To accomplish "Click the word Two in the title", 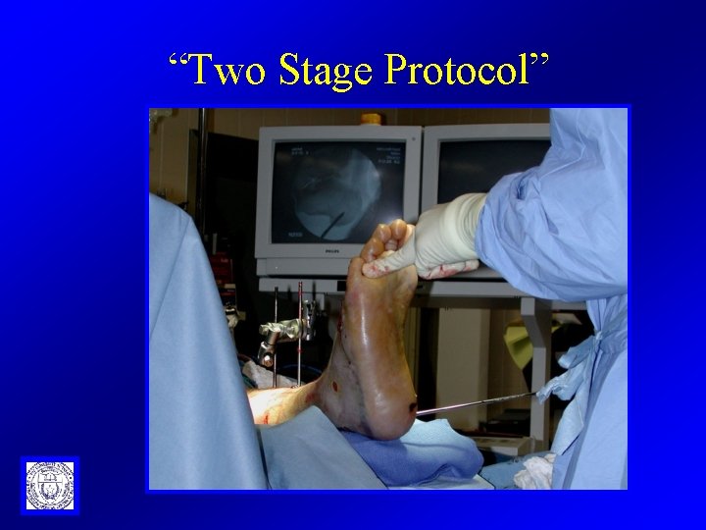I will tap(227, 69).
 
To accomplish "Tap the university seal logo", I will tap(49, 485).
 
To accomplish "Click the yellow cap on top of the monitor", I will tap(371, 119).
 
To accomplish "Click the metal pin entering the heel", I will tap(471, 401).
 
